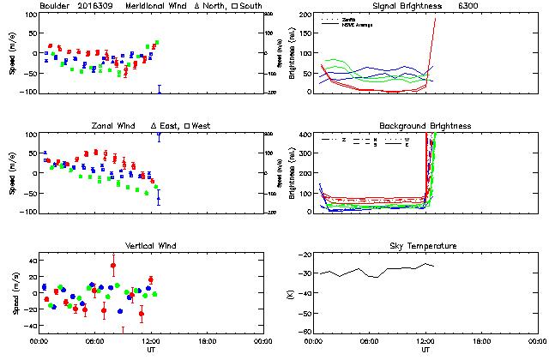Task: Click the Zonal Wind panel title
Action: (x=119, y=126)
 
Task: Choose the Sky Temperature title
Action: (x=425, y=246)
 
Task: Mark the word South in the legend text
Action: (x=250, y=7)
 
